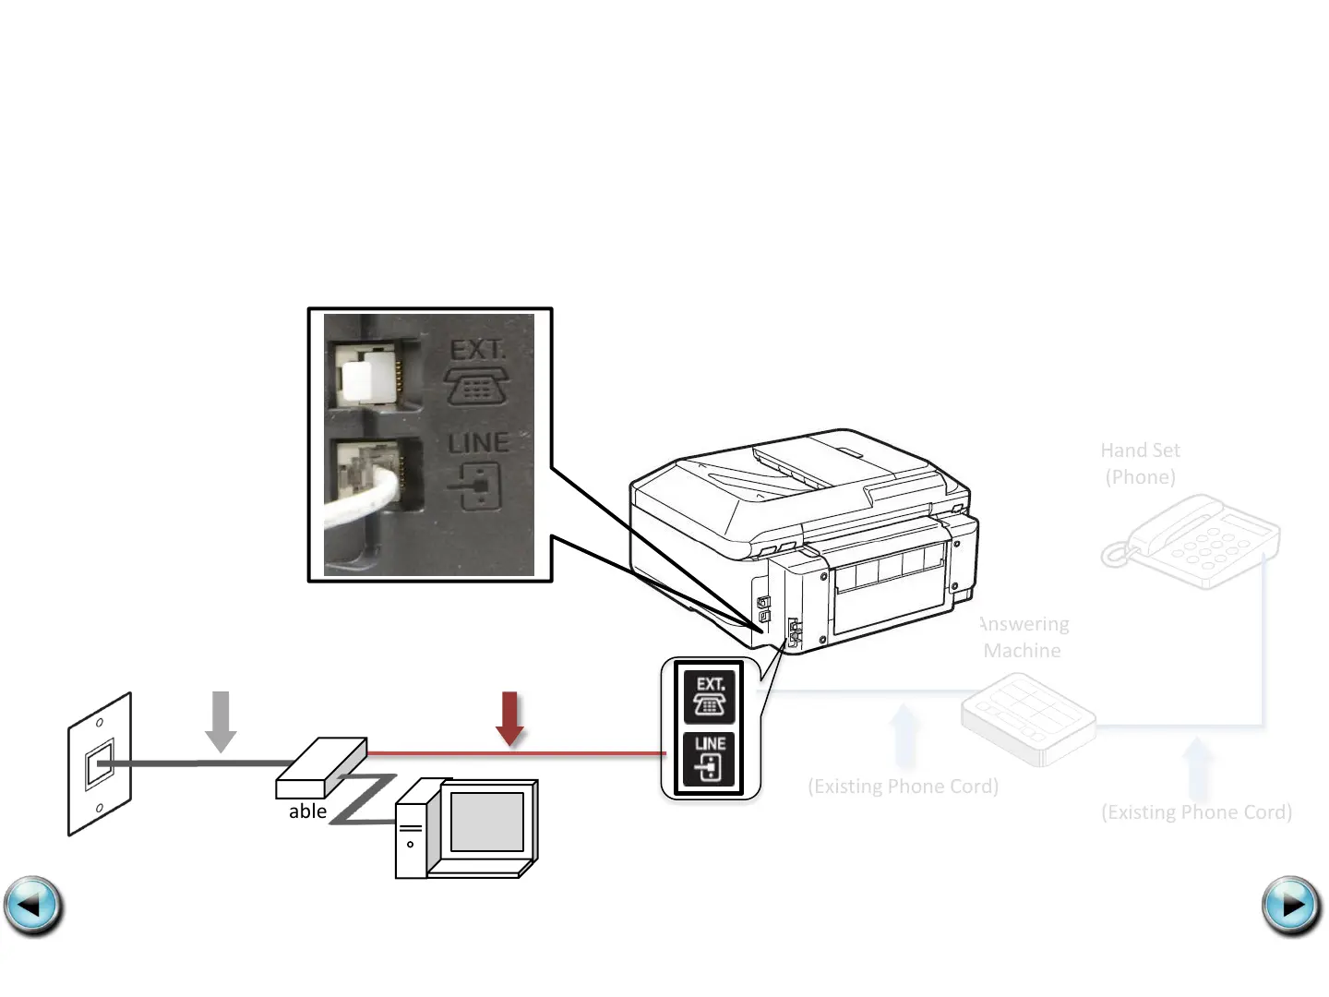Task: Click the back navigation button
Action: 33,906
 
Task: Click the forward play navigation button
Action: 1291,906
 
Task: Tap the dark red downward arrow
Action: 510,718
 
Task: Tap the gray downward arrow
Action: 221,720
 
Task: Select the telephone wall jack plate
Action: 100,764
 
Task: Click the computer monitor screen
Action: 486,822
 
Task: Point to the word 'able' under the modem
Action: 307,811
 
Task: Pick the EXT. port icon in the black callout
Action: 710,696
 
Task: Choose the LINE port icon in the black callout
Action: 710,758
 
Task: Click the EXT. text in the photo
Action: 477,351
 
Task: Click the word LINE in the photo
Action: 478,443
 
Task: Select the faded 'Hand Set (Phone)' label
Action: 1140,463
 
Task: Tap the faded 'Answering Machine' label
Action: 1023,637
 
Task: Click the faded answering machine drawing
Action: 1028,718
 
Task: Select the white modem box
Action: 321,767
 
